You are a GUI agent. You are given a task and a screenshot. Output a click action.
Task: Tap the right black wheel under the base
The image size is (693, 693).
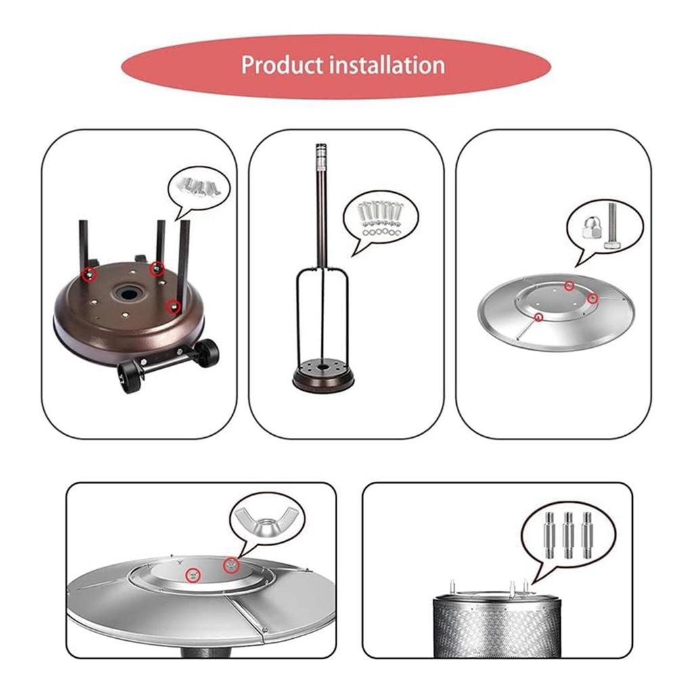206,353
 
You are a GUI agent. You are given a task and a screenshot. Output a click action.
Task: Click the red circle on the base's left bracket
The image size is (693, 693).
87,273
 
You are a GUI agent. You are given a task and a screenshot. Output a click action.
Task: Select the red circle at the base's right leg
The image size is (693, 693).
174,307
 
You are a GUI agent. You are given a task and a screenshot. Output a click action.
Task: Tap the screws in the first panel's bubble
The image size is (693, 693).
199,185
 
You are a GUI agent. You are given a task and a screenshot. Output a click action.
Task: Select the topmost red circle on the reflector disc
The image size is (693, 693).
570,285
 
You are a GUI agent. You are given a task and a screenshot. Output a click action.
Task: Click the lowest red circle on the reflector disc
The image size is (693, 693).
539,317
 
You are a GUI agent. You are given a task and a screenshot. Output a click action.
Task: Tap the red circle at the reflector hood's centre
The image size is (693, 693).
194,575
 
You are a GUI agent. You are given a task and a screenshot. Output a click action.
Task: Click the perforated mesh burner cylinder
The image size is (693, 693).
496,626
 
